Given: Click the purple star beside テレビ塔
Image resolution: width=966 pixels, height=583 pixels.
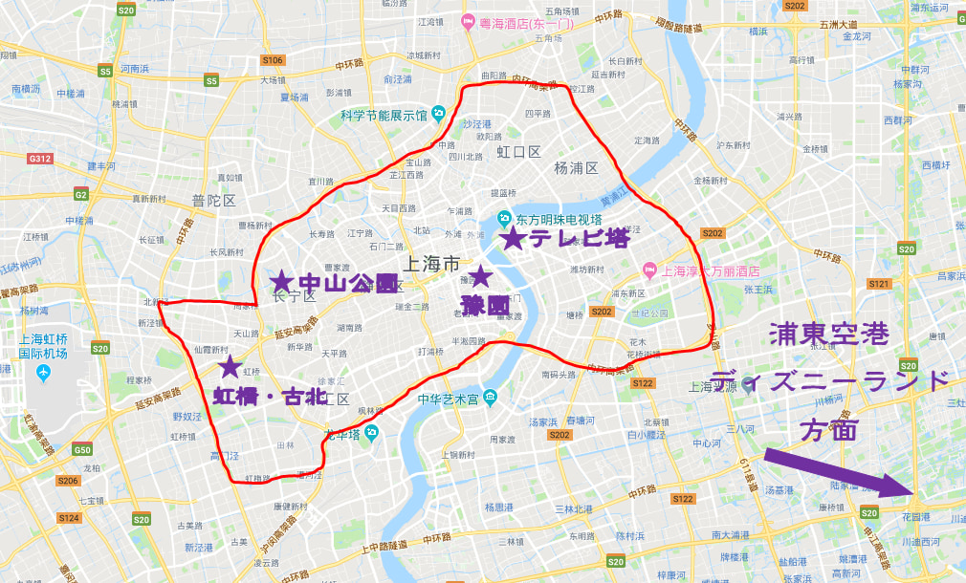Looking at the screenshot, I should click(514, 238).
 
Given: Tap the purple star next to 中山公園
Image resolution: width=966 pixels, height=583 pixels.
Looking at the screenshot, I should click(281, 281).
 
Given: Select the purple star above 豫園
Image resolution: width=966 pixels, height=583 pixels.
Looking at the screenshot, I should click(479, 277).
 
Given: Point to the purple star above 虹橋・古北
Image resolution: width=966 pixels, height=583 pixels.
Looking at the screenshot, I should click(230, 366).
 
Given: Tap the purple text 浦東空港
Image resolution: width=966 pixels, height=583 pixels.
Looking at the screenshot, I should click(829, 335).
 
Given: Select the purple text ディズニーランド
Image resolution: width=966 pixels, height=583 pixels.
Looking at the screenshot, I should click(831, 379).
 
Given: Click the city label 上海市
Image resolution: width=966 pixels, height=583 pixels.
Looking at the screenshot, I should click(433, 265).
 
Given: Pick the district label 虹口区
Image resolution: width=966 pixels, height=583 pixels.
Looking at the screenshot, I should click(518, 152).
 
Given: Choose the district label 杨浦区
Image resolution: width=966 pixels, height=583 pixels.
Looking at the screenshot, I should click(576, 168).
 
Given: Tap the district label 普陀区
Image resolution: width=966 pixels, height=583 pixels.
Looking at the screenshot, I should click(212, 201).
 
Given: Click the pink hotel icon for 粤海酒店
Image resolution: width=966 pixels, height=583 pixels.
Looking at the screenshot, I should click(469, 22).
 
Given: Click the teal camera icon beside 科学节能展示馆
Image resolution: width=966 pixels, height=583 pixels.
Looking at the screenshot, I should click(438, 114).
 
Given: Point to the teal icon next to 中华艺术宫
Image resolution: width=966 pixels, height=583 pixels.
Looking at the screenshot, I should click(490, 398).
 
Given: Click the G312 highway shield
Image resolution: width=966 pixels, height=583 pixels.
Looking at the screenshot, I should click(41, 158).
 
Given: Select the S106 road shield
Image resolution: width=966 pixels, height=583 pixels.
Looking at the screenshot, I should click(273, 60).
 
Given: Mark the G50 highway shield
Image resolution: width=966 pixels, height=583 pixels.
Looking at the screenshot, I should click(83, 450).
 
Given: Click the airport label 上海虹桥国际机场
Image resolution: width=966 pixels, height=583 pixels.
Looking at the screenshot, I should click(45, 346).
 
